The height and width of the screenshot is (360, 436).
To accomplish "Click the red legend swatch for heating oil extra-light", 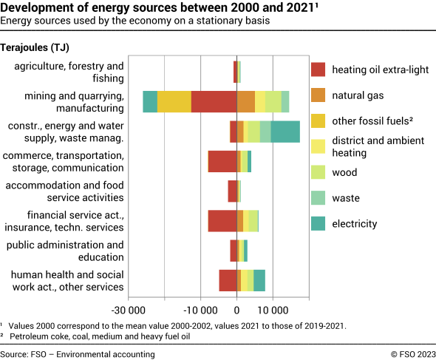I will point(318,69).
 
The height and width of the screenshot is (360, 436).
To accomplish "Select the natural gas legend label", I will point(358,95).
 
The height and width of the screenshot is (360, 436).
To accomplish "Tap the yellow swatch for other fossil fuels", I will point(318,120).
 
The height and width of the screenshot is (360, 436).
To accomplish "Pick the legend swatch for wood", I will point(318,172).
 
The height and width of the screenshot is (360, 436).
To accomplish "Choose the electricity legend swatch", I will point(318,223).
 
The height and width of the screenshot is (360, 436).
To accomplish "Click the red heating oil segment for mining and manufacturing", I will point(214,101).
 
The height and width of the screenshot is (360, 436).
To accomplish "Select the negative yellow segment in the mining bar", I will point(174,101).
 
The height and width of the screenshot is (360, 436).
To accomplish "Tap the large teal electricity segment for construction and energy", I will point(285,132).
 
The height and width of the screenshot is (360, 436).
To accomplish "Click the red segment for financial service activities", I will point(222,221).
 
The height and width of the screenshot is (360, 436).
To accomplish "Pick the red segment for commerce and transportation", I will point(222,161).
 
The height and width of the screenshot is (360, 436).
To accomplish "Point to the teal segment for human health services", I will point(259,281).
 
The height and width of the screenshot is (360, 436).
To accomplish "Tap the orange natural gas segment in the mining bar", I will point(246,101).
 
